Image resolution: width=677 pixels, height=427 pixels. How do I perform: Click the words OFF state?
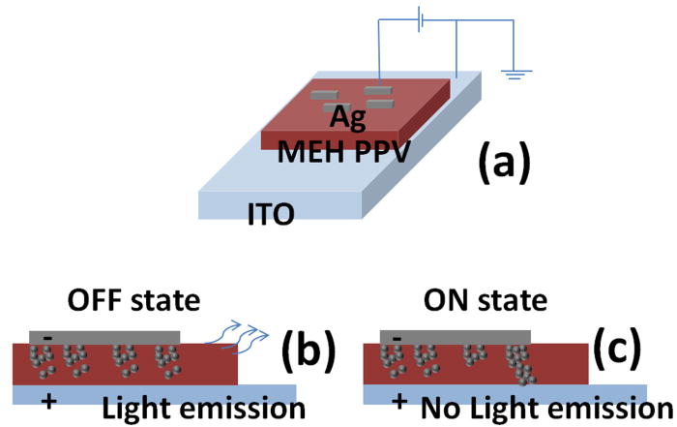pyautogui.click(x=134, y=302)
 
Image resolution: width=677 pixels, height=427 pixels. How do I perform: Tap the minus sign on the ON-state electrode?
pyautogui.click(x=397, y=336)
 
